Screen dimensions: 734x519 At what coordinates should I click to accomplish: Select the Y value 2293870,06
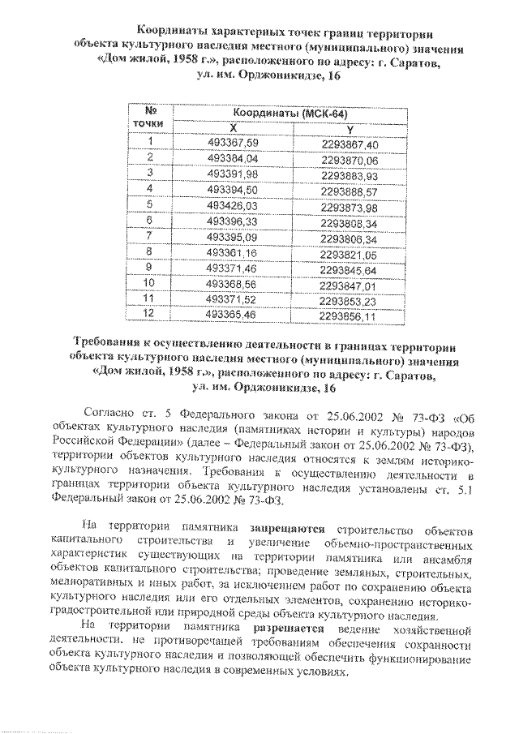click(349, 159)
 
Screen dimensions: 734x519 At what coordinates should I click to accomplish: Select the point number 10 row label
click(149, 283)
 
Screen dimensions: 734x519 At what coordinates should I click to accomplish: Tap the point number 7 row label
click(149, 237)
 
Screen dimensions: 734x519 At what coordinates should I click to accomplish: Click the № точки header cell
click(149, 118)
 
